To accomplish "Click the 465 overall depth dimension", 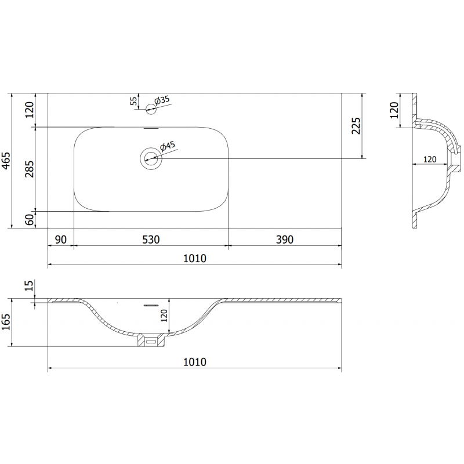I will tap(6, 160).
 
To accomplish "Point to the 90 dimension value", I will tap(61, 239).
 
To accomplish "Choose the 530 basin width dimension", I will tap(150, 239).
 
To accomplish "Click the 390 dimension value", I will tap(284, 239).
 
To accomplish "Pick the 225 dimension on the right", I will tap(356, 125).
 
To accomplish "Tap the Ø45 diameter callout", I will tap(168, 146).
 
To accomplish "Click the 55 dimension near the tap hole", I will tap(134, 101).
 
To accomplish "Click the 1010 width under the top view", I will tap(195, 258).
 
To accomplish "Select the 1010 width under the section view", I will tap(195, 362).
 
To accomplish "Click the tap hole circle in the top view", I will tap(152, 107).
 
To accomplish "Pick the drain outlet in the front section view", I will tap(151, 340).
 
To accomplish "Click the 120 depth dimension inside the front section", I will tap(164, 316).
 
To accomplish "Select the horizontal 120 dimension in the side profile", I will tap(429, 158).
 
